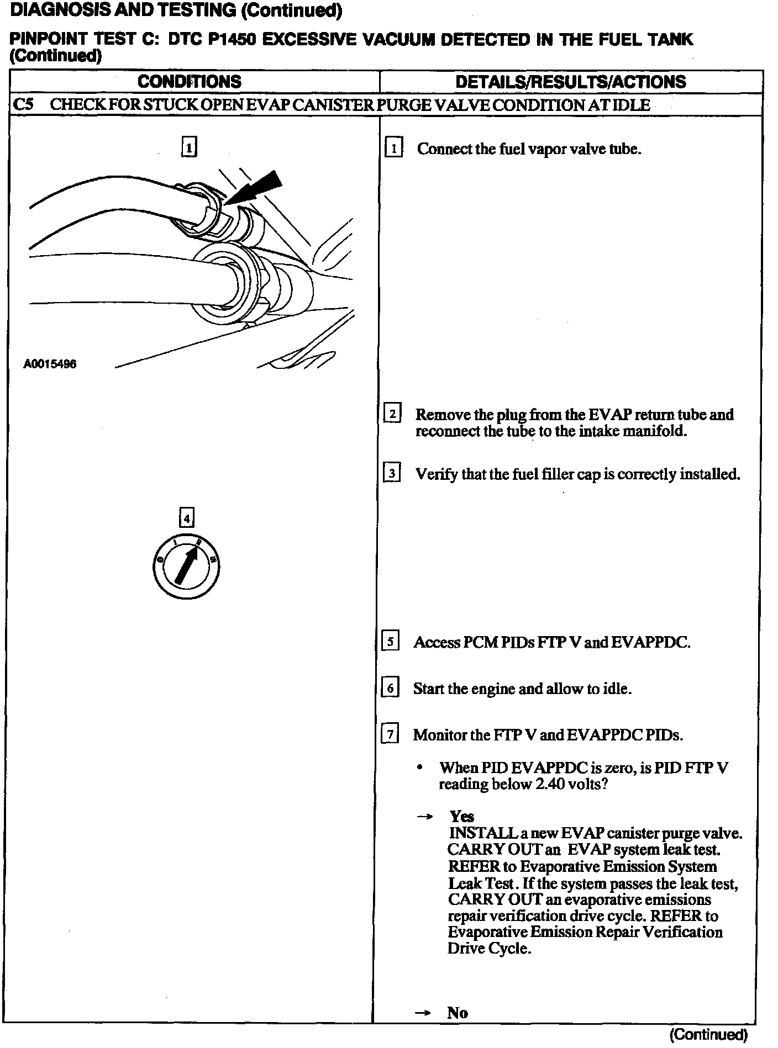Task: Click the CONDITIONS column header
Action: (x=190, y=82)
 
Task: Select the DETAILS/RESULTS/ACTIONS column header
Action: (x=570, y=82)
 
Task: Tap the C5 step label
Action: (x=23, y=105)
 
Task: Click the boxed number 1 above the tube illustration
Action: (x=189, y=148)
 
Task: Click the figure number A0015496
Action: (x=50, y=364)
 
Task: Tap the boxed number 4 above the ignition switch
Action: (x=187, y=518)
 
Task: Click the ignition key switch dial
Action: (x=186, y=567)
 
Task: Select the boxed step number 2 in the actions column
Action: (x=392, y=414)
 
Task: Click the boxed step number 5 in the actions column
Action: (x=390, y=642)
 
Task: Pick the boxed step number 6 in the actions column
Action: (x=390, y=688)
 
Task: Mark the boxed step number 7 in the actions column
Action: (x=390, y=734)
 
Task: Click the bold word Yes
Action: (x=461, y=816)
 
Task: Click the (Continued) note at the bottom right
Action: (x=708, y=1034)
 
